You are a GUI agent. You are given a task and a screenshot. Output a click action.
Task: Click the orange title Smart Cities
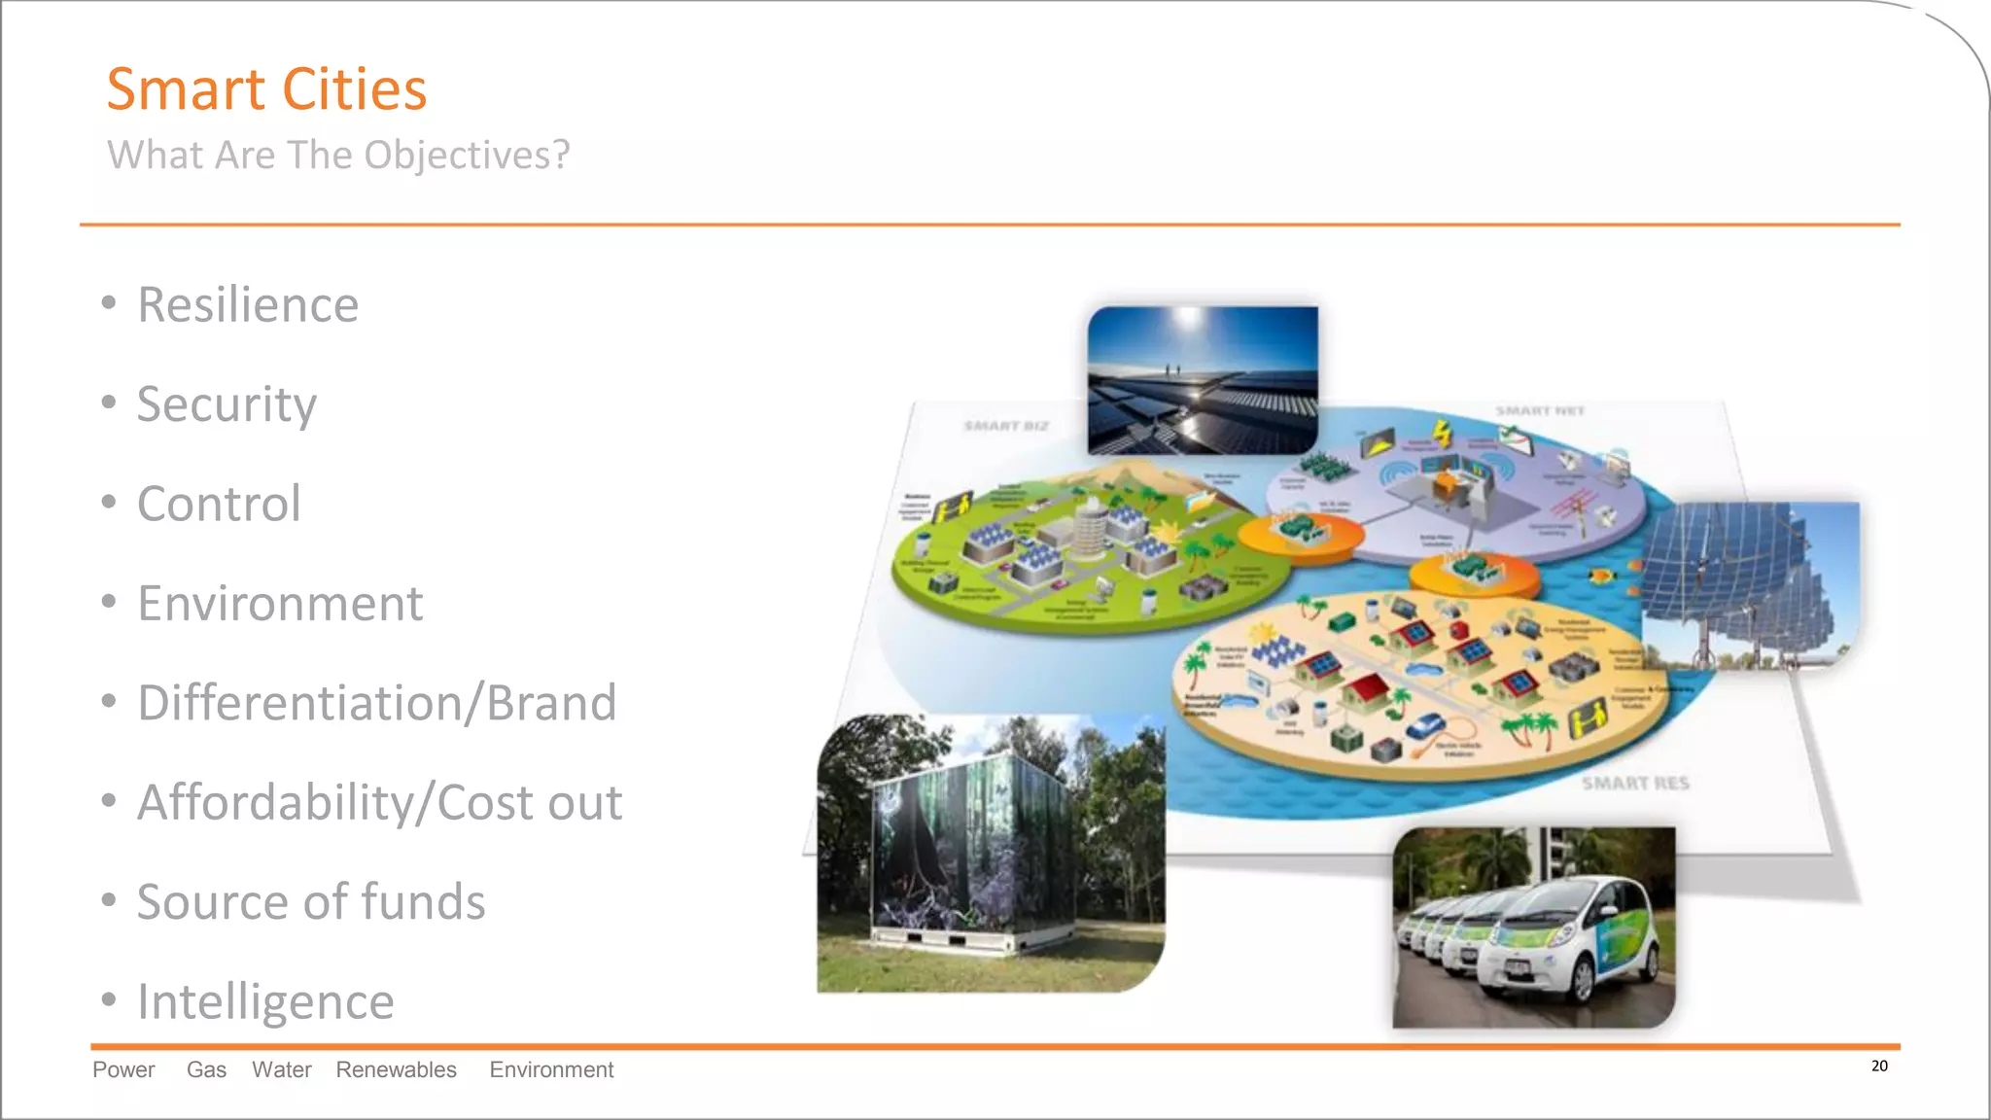tap(266, 89)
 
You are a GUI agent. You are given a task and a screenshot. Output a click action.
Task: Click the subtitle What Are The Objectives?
tap(338, 156)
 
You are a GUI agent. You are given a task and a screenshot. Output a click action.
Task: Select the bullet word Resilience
tap(248, 305)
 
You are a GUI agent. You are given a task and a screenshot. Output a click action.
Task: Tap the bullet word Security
tap(227, 404)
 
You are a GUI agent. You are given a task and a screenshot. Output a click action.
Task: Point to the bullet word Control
tap(219, 504)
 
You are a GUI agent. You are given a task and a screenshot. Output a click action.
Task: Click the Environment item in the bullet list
tap(280, 604)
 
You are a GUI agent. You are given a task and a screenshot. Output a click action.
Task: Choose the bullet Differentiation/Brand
tap(377, 703)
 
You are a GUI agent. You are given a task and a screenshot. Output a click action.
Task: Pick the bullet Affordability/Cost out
tap(379, 803)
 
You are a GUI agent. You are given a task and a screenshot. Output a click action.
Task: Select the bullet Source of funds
tap(311, 902)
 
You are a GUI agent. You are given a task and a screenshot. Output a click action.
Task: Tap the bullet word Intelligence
tap(265, 1001)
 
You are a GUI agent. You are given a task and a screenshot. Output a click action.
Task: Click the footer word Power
tap(123, 1069)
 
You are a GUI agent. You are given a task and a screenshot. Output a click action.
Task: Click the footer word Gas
tap(206, 1069)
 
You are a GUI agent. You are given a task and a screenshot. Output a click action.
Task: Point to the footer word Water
tap(282, 1069)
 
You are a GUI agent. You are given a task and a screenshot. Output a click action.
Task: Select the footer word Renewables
tap(396, 1069)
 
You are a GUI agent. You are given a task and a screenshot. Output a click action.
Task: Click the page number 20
tap(1879, 1067)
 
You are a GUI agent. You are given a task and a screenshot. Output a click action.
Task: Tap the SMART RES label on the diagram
tap(1635, 784)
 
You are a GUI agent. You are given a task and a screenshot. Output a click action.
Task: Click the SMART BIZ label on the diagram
tap(1006, 426)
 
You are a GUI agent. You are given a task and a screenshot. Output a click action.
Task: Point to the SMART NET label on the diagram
tap(1540, 411)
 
